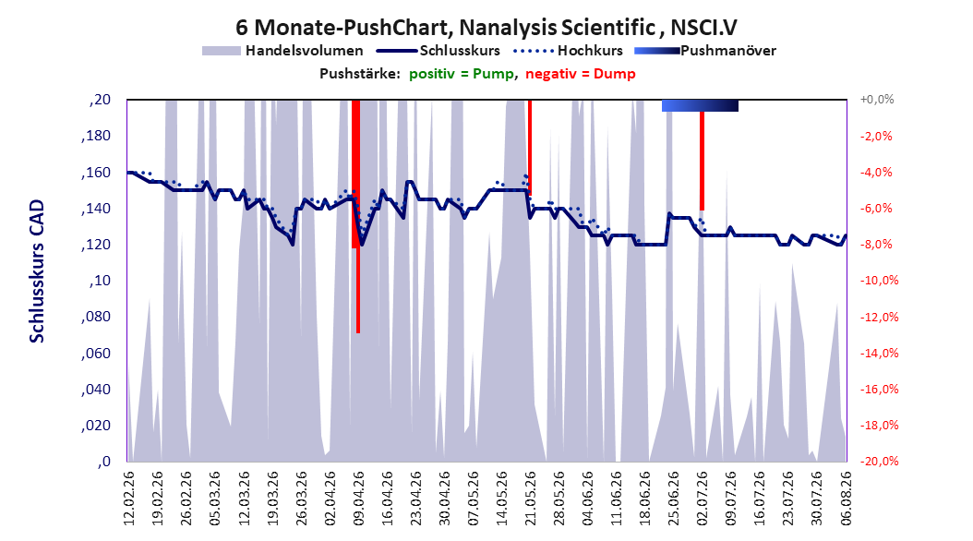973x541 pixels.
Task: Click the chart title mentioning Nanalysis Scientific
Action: (486, 28)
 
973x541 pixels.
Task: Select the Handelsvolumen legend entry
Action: (282, 51)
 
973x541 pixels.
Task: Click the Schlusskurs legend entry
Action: (438, 51)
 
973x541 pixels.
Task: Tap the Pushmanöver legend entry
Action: (705, 51)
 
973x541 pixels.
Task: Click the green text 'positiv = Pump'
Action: (461, 74)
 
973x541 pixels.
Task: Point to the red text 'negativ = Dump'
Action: (581, 74)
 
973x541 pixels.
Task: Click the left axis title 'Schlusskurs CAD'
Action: (37, 271)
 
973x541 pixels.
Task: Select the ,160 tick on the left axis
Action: (96, 173)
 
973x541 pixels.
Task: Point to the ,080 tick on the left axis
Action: (96, 317)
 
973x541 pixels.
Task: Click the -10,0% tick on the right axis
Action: (879, 281)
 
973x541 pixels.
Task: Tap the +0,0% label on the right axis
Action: (877, 100)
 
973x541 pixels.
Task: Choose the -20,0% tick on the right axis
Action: (879, 462)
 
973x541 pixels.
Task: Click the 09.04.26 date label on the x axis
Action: (359, 499)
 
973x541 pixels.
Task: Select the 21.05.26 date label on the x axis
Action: (531, 499)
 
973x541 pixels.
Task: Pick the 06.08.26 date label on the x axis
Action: (846, 499)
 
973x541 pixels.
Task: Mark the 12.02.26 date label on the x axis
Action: (129, 499)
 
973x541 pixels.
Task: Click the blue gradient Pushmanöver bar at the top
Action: (700, 105)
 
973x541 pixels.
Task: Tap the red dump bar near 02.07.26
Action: (702, 161)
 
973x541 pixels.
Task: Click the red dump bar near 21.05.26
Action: (529, 148)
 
